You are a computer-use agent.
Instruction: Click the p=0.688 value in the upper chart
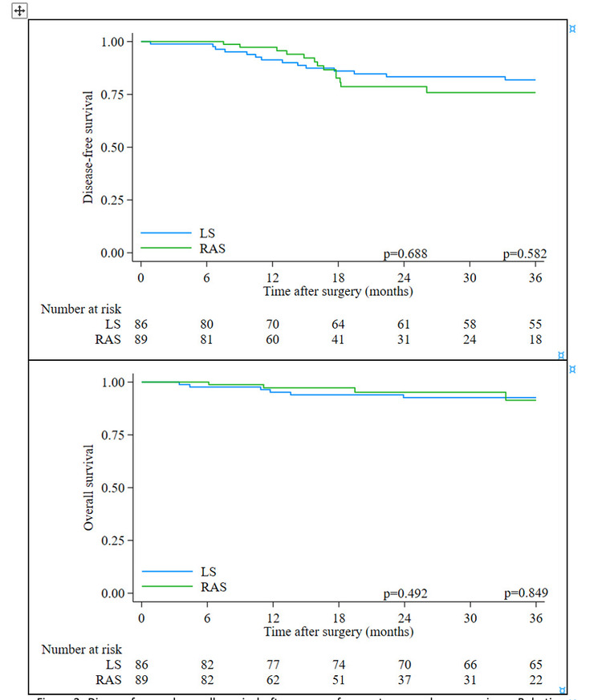405,254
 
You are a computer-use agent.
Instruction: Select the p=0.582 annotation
525,254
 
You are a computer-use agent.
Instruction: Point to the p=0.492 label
405,594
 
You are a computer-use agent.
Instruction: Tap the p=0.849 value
525,594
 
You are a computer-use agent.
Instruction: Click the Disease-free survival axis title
89,146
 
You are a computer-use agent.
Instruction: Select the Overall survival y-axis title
89,487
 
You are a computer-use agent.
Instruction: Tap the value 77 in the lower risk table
273,665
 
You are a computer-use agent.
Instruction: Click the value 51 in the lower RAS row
339,679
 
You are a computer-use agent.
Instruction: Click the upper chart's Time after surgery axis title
338,291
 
